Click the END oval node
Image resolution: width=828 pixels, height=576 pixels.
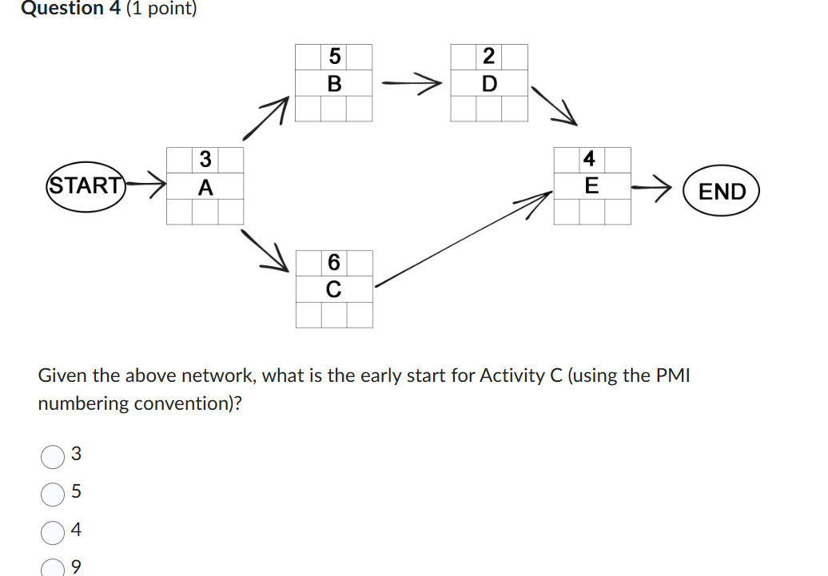pyautogui.click(x=721, y=192)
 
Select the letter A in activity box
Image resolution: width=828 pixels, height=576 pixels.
pyautogui.click(x=205, y=188)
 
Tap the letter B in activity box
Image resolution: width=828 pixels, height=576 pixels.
pyautogui.click(x=334, y=83)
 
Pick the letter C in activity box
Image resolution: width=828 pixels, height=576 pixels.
pyautogui.click(x=334, y=289)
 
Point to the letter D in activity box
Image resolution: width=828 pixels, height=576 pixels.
pyautogui.click(x=489, y=83)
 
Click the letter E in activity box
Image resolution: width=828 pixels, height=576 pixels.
pyautogui.click(x=591, y=186)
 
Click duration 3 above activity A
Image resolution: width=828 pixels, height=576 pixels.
pyautogui.click(x=205, y=160)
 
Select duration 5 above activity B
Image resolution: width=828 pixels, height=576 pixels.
pyautogui.click(x=334, y=57)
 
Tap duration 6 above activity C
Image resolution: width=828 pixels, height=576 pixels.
pyautogui.click(x=334, y=262)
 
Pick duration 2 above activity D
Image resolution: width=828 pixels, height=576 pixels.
pyautogui.click(x=489, y=57)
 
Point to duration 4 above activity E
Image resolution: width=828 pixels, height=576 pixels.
pyautogui.click(x=590, y=159)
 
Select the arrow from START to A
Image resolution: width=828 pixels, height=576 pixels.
pyautogui.click(x=147, y=185)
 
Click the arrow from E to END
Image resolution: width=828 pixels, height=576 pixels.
pyautogui.click(x=651, y=189)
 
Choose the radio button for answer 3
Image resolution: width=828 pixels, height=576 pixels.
pyautogui.click(x=52, y=456)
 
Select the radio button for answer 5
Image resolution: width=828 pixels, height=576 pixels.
pyautogui.click(x=52, y=494)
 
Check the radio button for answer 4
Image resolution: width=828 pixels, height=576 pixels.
pyautogui.click(x=52, y=531)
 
